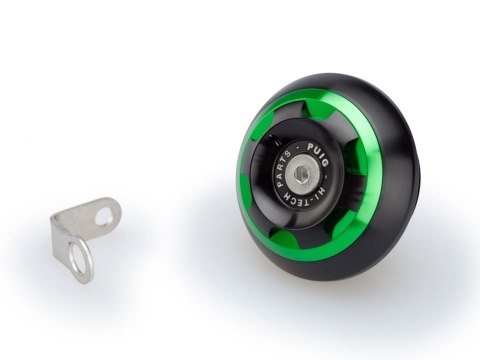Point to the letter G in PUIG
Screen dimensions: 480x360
click(325, 163)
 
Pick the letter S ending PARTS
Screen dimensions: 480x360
click(288, 154)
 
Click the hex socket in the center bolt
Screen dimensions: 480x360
click(301, 173)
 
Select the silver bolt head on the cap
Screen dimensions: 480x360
click(301, 174)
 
